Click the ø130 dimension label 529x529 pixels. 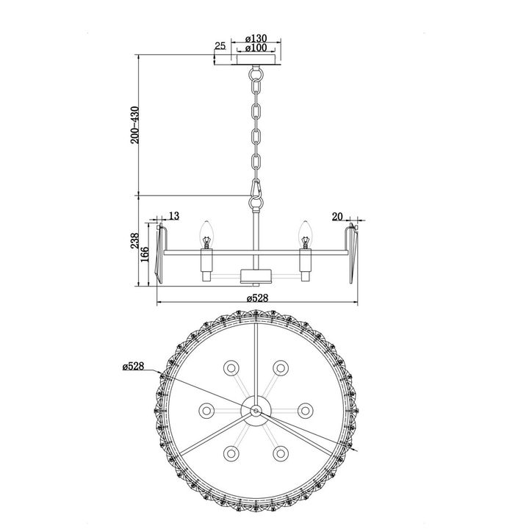click(x=256, y=38)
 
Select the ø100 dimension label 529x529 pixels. click(x=256, y=48)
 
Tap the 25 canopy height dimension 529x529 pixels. click(x=220, y=46)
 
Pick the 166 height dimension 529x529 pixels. click(x=146, y=253)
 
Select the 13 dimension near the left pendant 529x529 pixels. click(x=173, y=215)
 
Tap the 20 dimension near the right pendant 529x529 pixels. click(x=338, y=215)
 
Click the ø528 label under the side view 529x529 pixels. click(x=256, y=298)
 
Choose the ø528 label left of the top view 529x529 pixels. click(x=134, y=365)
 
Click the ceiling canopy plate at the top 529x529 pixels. click(x=256, y=59)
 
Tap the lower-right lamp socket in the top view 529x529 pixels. click(x=280, y=453)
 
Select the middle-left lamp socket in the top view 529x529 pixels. click(x=206, y=410)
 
